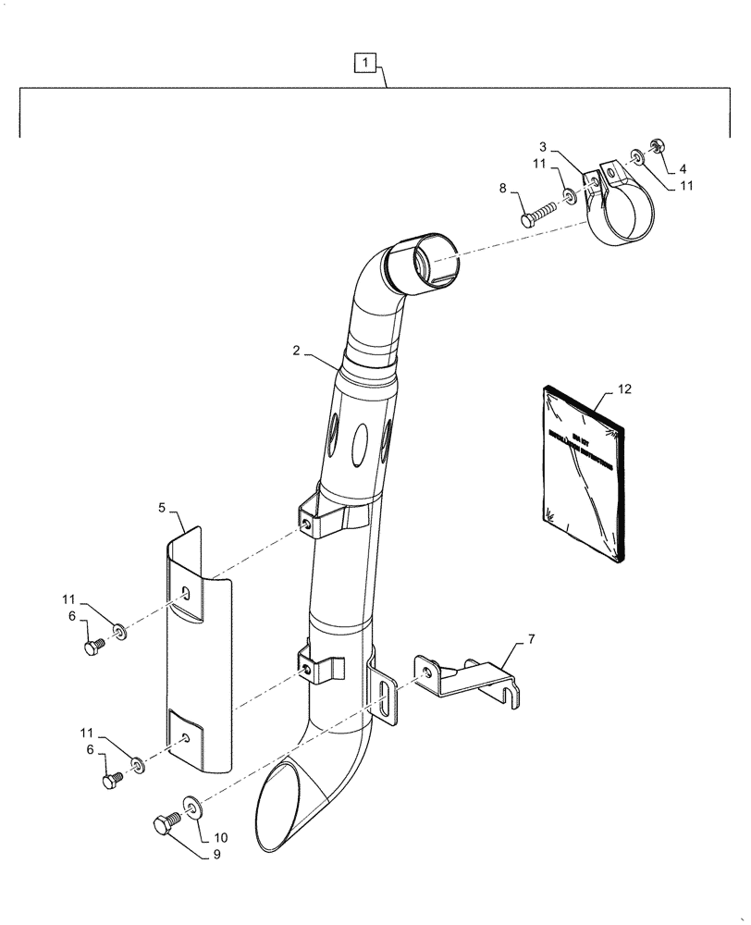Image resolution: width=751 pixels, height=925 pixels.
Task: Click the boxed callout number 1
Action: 367,63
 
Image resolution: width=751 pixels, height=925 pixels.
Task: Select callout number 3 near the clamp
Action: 544,148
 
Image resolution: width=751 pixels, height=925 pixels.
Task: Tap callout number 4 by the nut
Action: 683,168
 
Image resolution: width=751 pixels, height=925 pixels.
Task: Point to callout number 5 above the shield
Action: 162,508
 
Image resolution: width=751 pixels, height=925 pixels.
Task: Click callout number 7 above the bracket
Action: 532,640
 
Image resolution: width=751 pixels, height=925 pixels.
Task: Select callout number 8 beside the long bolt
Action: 504,189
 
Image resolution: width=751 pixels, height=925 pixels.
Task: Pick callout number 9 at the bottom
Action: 216,856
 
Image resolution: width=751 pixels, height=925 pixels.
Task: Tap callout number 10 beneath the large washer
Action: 221,837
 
